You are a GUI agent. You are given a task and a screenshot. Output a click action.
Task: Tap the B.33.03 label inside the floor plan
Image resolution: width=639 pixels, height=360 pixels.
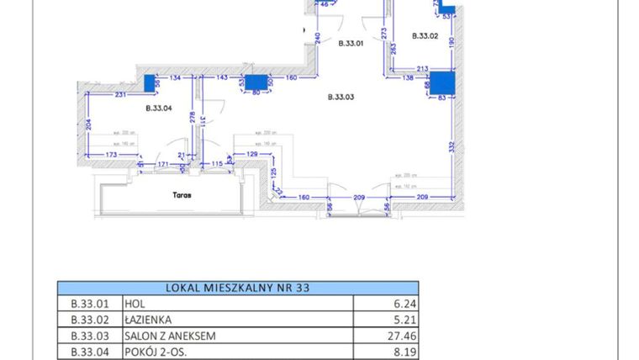pyautogui.click(x=341, y=98)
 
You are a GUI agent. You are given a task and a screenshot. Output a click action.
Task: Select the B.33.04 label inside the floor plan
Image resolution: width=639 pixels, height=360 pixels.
pyautogui.click(x=158, y=108)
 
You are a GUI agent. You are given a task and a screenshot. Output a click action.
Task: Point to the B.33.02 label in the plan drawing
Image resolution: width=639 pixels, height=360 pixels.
pyautogui.click(x=425, y=36)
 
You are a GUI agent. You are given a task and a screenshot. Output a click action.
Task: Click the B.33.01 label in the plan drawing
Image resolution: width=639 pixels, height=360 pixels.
pyautogui.click(x=351, y=45)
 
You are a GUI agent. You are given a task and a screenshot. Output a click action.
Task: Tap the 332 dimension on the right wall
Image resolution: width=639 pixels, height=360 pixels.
pyautogui.click(x=452, y=146)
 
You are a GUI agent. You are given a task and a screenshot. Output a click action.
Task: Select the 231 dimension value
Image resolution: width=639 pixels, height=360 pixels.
pyautogui.click(x=120, y=94)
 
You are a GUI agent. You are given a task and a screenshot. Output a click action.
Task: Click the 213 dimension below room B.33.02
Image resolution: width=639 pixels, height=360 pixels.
pyautogui.click(x=422, y=70)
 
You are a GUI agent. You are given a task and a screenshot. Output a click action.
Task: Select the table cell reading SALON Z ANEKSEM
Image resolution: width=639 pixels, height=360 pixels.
pyautogui.click(x=170, y=336)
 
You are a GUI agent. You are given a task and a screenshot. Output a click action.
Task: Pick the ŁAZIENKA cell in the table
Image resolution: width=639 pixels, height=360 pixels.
pyautogui.click(x=150, y=320)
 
